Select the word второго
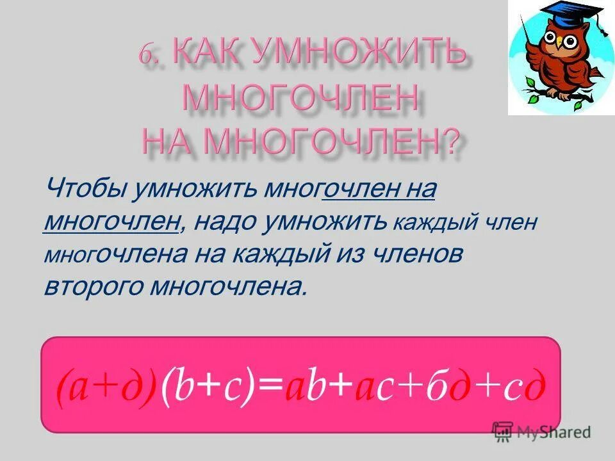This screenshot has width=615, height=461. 92,286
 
